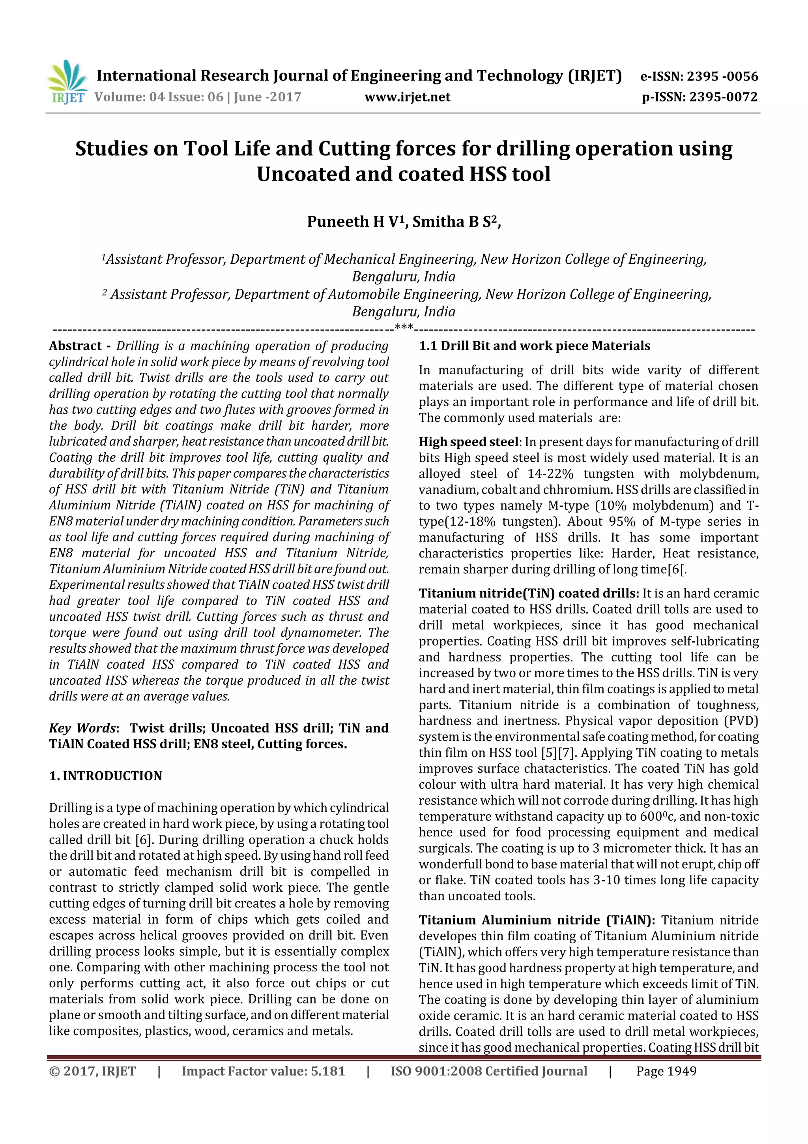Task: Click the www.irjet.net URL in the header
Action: (407, 97)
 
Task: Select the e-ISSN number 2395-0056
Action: (722, 76)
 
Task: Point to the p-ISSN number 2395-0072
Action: (723, 97)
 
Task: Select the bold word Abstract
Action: (75, 346)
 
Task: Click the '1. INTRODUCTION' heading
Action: (106, 776)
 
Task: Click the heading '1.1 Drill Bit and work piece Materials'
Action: (534, 346)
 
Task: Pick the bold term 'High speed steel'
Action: (468, 442)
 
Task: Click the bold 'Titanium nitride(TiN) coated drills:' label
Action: (528, 594)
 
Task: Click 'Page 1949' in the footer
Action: (666, 1071)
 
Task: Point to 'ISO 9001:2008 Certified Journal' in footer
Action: (488, 1071)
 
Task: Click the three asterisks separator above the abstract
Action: (403, 327)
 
